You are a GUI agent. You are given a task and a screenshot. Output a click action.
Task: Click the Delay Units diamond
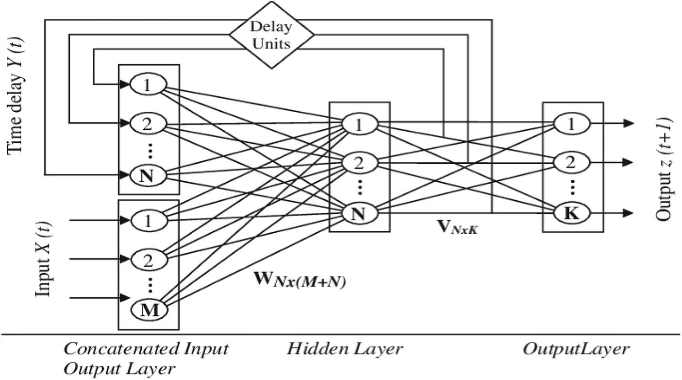tap(272, 35)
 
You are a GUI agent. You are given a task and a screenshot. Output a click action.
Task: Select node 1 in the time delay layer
tap(148, 85)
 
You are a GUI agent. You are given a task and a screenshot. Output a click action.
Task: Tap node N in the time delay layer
tap(148, 176)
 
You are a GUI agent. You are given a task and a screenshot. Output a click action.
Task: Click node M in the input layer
tap(149, 310)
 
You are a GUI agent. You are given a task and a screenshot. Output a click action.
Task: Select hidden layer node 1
tap(359, 124)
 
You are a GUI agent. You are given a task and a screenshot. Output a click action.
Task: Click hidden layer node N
tap(359, 213)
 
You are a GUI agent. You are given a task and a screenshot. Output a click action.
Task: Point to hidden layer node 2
tap(359, 164)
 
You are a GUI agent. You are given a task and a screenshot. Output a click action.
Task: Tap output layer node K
tap(573, 213)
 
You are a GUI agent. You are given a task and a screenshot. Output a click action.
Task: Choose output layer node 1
tap(573, 124)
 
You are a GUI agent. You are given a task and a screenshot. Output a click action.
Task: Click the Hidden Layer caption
tap(344, 349)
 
